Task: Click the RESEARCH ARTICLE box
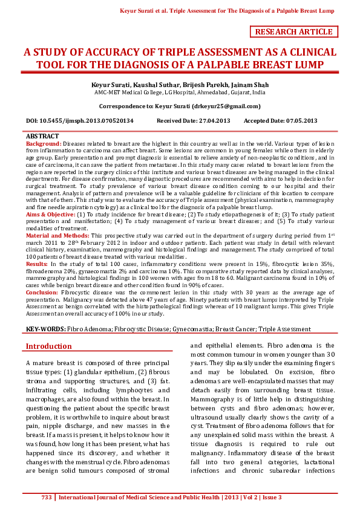click(294, 32)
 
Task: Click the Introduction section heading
click(48, 346)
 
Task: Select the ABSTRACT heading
click(43, 137)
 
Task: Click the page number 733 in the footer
click(47, 498)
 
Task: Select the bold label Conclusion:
click(42, 291)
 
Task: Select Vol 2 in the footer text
click(250, 498)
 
